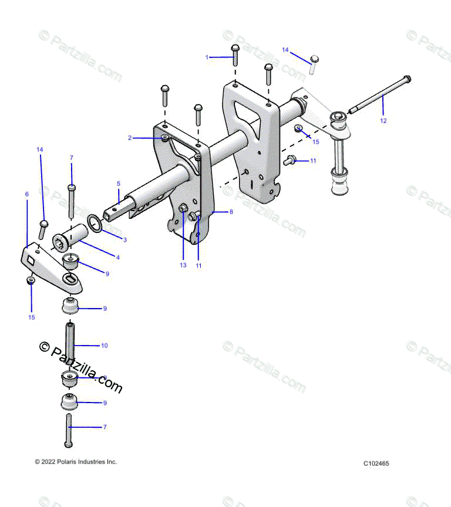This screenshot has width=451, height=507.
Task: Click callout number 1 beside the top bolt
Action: pos(207,57)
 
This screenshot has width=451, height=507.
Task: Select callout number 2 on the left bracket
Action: pos(130,138)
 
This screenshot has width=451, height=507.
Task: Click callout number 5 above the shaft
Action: pos(118,183)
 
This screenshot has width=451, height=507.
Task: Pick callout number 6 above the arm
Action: pos(26,193)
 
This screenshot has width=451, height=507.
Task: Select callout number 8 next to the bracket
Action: pos(231,211)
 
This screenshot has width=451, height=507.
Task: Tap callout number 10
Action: pos(105,346)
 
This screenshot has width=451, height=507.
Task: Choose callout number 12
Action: pos(383,121)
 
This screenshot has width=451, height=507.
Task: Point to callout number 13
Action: pos(183,265)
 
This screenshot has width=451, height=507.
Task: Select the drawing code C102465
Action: pos(376,464)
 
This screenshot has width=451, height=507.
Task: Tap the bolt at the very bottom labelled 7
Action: pos(69,430)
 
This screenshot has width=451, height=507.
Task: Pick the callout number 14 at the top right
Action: pos(285,50)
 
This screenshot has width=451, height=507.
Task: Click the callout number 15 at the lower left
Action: pos(32,317)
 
